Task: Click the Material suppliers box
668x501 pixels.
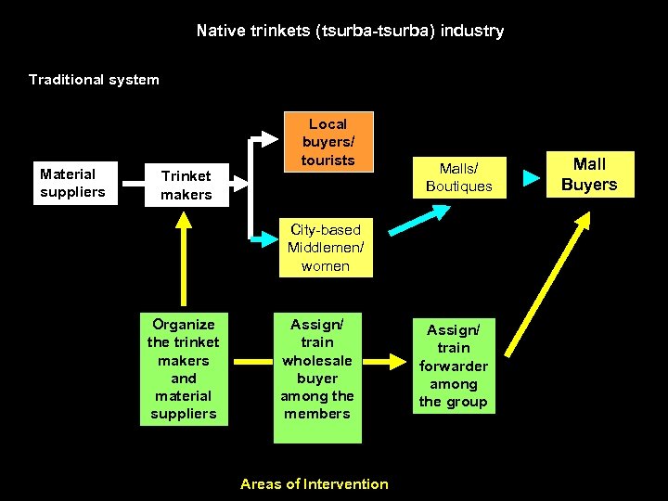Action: [x=72, y=183]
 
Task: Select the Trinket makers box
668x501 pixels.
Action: [x=186, y=185]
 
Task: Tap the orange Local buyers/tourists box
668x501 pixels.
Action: [x=328, y=142]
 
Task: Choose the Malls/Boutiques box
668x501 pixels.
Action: [x=458, y=176]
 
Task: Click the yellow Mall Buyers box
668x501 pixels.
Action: [x=588, y=174]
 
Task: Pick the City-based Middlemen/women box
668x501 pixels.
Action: [x=326, y=248]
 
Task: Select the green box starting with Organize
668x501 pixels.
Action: [x=184, y=369]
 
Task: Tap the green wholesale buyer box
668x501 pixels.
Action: [x=317, y=369]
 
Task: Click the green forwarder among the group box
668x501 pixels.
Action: [x=453, y=366]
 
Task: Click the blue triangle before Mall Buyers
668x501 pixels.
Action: [x=531, y=177]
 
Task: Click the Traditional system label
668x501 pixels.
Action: [x=94, y=80]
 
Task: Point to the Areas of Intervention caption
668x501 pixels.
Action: [x=315, y=483]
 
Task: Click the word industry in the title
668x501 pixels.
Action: [x=472, y=31]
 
